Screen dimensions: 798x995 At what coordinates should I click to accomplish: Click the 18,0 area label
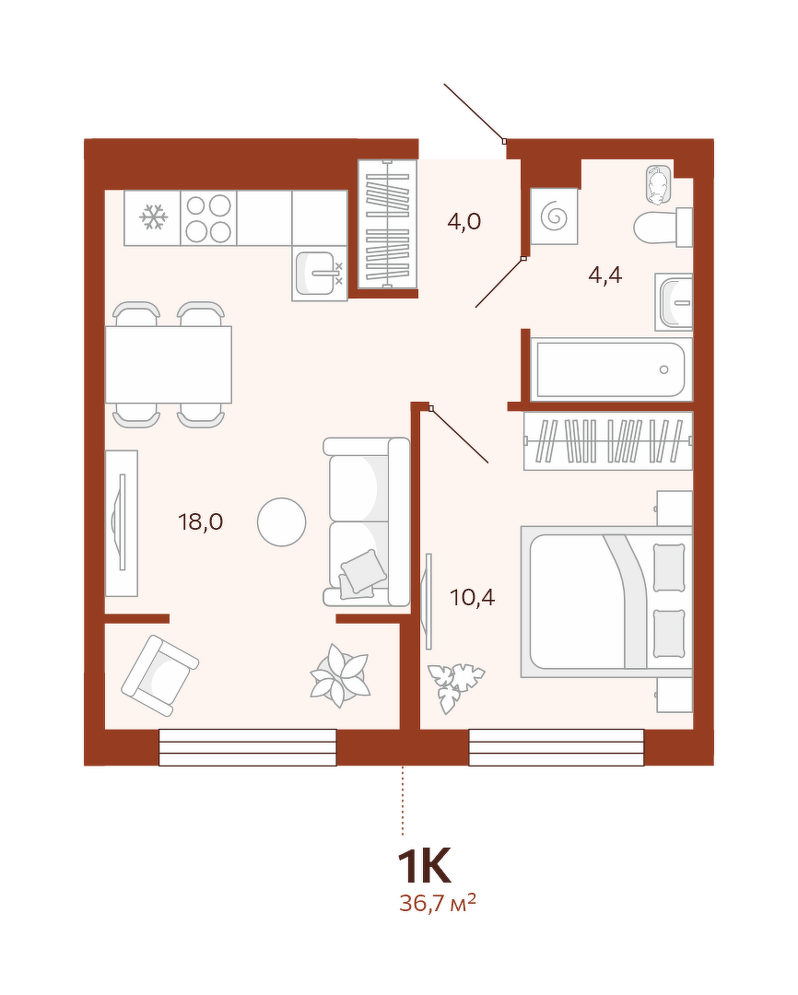click(x=201, y=522)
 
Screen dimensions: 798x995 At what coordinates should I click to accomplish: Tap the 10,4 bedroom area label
click(x=473, y=597)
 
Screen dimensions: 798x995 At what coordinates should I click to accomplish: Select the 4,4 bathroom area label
click(x=605, y=275)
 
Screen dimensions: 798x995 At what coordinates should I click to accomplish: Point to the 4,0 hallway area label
click(x=464, y=221)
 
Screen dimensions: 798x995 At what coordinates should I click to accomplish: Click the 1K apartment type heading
click(x=424, y=865)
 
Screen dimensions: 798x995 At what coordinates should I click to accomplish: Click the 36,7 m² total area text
click(x=438, y=902)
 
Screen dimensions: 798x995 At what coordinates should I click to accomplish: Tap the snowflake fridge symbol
click(x=153, y=217)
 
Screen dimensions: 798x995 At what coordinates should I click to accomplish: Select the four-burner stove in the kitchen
click(x=209, y=218)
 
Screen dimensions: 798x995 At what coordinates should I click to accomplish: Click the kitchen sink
click(x=320, y=274)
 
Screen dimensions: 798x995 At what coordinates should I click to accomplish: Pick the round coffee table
click(x=282, y=522)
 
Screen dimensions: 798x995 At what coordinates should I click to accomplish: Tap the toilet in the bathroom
click(x=663, y=227)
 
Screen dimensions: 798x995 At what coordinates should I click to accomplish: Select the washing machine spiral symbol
click(x=555, y=217)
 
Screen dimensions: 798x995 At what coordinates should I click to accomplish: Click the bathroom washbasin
click(x=675, y=302)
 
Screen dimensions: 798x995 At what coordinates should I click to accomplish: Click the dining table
click(x=169, y=364)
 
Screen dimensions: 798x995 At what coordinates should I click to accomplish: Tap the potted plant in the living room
click(x=340, y=676)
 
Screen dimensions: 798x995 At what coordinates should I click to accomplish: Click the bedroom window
click(x=557, y=747)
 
